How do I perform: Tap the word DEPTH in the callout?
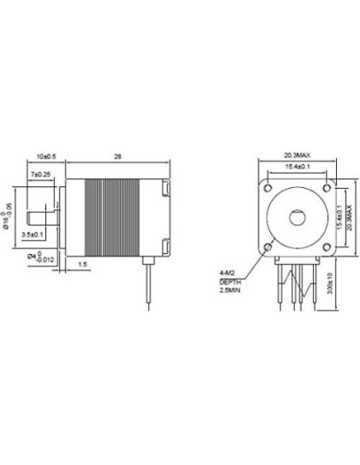230,282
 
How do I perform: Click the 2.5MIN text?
231,291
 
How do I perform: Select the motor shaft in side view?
41,217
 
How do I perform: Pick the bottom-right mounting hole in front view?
331,248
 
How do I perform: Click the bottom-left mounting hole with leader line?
268,248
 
